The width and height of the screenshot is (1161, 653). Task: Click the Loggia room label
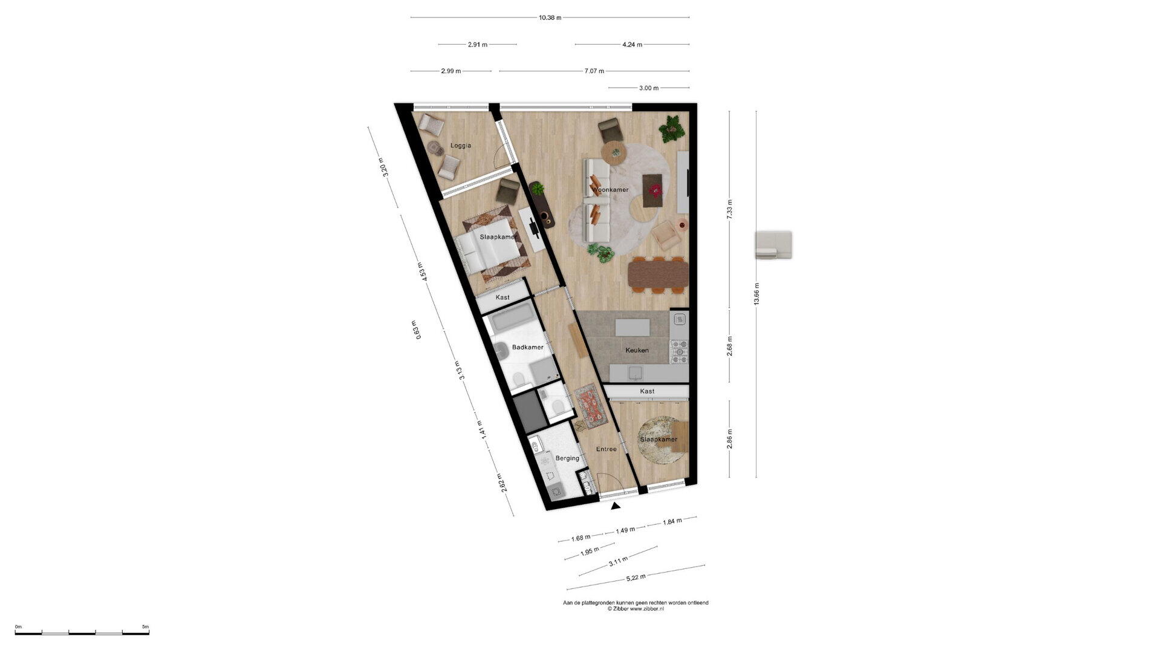click(461, 146)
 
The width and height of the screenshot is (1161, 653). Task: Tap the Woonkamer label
click(610, 190)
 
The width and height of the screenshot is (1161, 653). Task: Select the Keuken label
click(637, 350)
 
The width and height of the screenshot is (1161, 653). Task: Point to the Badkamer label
click(527, 348)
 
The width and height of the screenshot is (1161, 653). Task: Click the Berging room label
click(567, 458)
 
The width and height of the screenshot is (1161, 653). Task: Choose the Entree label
click(607, 449)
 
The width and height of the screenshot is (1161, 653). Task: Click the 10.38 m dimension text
click(550, 18)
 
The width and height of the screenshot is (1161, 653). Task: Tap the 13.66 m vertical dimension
click(756, 294)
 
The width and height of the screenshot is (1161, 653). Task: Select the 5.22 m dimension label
click(636, 577)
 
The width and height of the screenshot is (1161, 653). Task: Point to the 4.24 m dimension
click(632, 44)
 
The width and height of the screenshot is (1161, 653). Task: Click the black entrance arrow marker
click(616, 506)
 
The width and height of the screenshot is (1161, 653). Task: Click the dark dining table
click(659, 273)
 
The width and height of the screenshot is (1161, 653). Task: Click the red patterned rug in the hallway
click(590, 403)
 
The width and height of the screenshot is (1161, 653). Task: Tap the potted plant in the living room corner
click(670, 129)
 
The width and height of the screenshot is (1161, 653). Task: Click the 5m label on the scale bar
click(145, 627)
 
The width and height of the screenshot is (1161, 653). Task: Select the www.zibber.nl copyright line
click(636, 609)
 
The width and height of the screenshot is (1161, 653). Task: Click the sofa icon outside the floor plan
click(773, 245)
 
